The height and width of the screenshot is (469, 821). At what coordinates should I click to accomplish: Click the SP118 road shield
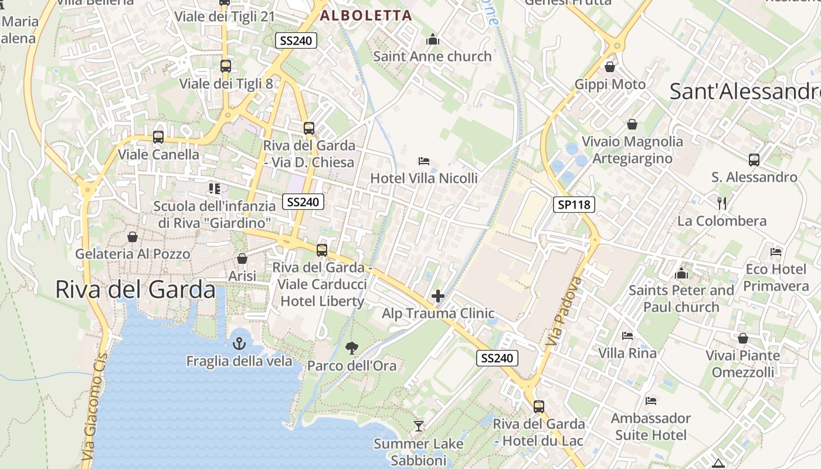click(574, 205)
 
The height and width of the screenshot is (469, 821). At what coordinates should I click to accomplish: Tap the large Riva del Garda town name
click(135, 290)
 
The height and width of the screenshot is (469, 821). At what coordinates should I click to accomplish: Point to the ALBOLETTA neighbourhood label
click(366, 16)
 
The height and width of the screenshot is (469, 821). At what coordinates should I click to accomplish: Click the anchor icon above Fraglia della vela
click(239, 343)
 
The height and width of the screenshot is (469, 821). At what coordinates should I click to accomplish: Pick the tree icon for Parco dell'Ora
click(351, 348)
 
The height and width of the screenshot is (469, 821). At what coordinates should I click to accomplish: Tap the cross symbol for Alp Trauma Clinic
click(438, 296)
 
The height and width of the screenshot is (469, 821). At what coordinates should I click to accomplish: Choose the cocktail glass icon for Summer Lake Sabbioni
click(418, 426)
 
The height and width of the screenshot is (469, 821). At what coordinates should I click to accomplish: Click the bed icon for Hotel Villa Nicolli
click(424, 161)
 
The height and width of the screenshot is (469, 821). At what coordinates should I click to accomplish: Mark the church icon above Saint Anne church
click(433, 39)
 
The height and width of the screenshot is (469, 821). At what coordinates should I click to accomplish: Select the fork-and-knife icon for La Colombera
click(722, 203)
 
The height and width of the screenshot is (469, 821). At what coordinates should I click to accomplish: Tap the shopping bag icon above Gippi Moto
click(610, 67)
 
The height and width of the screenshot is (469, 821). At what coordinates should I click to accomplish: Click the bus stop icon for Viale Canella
click(158, 137)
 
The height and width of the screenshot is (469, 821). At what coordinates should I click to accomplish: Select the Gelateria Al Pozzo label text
click(133, 254)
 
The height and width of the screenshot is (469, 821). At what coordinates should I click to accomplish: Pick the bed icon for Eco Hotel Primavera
click(776, 252)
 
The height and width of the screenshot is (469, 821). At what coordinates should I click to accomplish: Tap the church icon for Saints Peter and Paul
click(681, 273)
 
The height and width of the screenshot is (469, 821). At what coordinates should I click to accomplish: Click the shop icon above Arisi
click(242, 259)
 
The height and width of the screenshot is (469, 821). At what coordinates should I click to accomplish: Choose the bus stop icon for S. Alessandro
click(754, 159)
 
